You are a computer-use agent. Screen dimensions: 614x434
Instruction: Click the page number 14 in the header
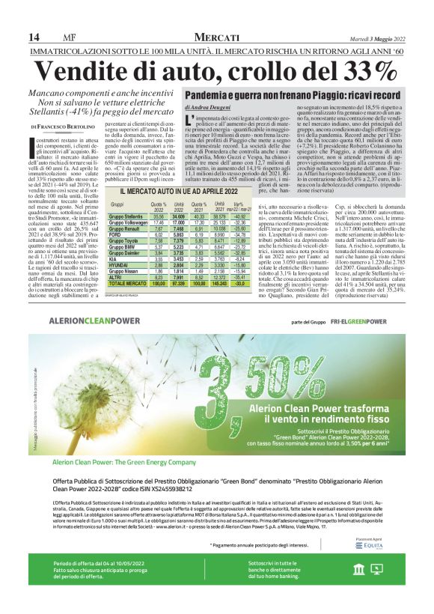34,37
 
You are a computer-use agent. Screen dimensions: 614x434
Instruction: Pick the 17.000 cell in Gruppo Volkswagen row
179,222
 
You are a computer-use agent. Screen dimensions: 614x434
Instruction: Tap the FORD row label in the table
115,234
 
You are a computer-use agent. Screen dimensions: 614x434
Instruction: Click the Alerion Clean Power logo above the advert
96,322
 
